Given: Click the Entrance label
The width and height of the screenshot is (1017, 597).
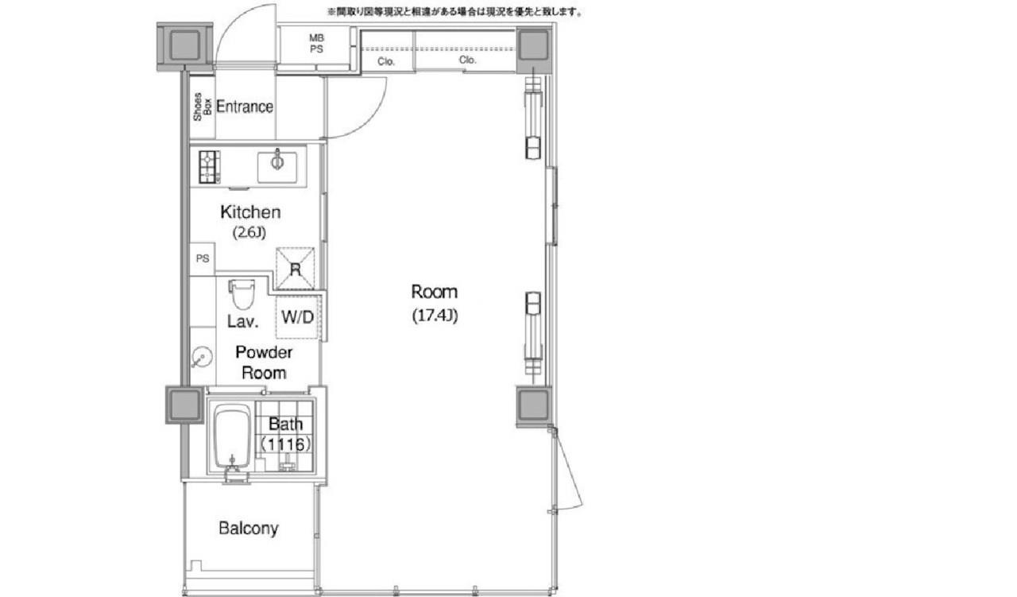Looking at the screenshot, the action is (245, 107).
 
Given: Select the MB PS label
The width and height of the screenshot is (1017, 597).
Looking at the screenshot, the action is (316, 44).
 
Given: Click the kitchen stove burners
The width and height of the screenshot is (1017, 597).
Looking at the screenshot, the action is (209, 167).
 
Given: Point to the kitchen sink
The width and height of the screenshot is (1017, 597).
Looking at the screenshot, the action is (277, 167).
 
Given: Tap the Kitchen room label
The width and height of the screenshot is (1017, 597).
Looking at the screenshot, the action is (250, 212).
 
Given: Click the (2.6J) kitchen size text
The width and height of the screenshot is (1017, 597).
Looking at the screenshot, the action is (249, 233).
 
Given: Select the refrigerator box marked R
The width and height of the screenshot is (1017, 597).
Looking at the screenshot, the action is (295, 269).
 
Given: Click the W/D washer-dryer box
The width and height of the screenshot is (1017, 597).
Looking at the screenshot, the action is (297, 316).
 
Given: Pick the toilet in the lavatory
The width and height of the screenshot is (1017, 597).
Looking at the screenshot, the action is (242, 294).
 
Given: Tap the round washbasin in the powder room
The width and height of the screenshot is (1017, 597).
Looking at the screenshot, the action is (201, 357).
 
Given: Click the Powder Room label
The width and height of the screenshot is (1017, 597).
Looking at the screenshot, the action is (264, 362).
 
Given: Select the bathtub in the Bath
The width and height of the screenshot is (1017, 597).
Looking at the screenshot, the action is (231, 437).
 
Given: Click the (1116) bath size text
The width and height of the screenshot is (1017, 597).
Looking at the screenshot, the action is (285, 444).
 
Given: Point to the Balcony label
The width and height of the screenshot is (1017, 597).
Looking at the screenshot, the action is (249, 529).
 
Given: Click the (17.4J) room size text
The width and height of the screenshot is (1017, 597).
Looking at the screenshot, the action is (435, 316).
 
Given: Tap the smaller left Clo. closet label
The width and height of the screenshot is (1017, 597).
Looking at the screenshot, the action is (386, 61).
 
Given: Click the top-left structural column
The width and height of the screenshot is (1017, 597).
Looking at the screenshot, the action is (185, 46).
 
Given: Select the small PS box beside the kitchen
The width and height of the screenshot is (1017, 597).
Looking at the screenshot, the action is (203, 258).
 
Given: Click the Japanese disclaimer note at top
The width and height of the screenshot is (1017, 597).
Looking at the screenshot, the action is (455, 12).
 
